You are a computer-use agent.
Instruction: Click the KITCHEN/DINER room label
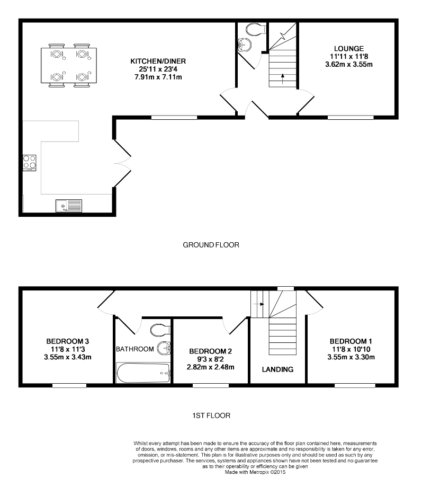158,61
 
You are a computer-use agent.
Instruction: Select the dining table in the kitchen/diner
68,66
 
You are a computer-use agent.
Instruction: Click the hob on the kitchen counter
29,161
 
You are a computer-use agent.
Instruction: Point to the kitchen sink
68,205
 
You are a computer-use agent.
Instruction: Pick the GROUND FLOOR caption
211,245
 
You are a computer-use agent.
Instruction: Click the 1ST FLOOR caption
211,416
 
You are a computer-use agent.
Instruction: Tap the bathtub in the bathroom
143,373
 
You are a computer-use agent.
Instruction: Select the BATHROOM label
135,349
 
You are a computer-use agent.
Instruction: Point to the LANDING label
278,369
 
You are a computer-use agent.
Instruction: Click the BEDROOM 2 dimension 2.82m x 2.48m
211,367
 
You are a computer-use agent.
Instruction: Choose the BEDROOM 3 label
67,341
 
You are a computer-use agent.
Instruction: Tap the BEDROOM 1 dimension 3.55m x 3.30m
351,357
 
